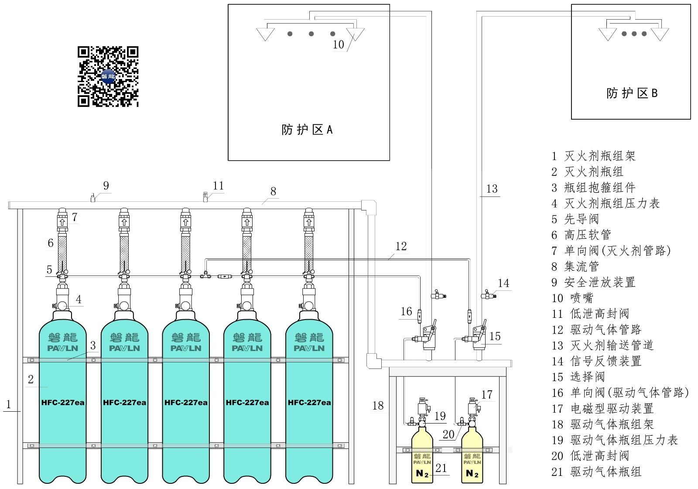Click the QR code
click(x=108, y=77)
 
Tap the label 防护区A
click(x=307, y=129)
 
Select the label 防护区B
click(x=632, y=93)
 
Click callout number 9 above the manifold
click(x=106, y=186)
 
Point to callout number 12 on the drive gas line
click(x=401, y=246)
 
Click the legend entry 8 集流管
click(x=575, y=266)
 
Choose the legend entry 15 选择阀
click(x=578, y=377)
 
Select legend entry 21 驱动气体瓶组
click(x=596, y=472)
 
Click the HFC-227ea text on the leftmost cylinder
click(x=63, y=402)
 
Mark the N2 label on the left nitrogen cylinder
click(x=422, y=474)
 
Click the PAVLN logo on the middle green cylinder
click(x=186, y=348)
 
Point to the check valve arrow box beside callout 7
click(x=62, y=222)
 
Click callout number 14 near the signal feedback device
click(x=503, y=283)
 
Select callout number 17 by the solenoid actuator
click(x=487, y=395)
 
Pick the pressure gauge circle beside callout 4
click(x=62, y=305)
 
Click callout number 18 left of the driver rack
click(x=378, y=406)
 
